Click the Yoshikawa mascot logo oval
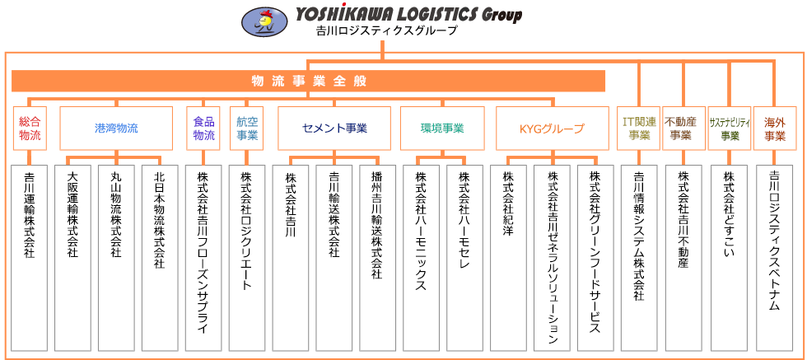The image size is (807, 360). point(265,22)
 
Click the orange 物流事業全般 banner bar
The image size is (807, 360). point(308,81)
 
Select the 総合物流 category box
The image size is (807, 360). point(30,129)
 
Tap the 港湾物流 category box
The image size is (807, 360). point(116,129)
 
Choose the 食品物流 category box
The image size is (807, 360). point(203,129)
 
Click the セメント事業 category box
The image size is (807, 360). point(334,129)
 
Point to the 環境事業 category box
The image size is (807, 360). point(443,129)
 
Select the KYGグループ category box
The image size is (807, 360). point(553,129)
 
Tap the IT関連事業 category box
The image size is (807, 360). point(639,129)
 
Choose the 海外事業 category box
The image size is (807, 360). point(774,129)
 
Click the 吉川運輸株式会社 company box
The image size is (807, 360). point(30,258)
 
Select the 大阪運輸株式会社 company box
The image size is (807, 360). point(72,258)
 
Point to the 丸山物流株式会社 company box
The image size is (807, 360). point(116,258)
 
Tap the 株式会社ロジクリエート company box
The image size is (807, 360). point(246,258)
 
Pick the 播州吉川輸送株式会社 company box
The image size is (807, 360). point(377,258)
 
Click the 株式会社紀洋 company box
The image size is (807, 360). point(509,258)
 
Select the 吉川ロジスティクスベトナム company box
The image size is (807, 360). point(774,258)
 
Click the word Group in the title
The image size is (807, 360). point(501,16)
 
